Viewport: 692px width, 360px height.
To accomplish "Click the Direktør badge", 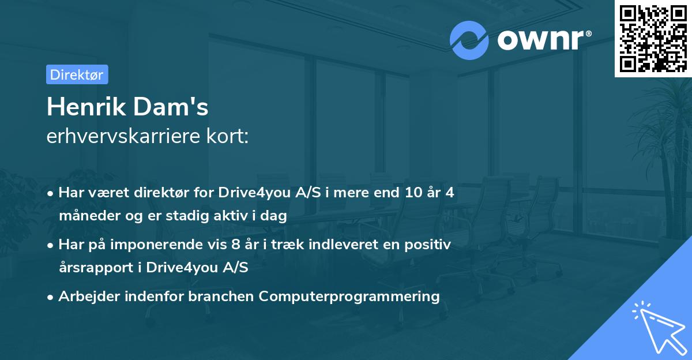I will tap(77, 74).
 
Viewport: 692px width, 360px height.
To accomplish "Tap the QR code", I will tap(653, 38).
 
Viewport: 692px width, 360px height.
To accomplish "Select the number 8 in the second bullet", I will tap(235, 245).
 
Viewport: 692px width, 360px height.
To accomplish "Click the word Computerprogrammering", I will tap(349, 297).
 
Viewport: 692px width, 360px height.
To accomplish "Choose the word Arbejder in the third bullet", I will tap(84, 297).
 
